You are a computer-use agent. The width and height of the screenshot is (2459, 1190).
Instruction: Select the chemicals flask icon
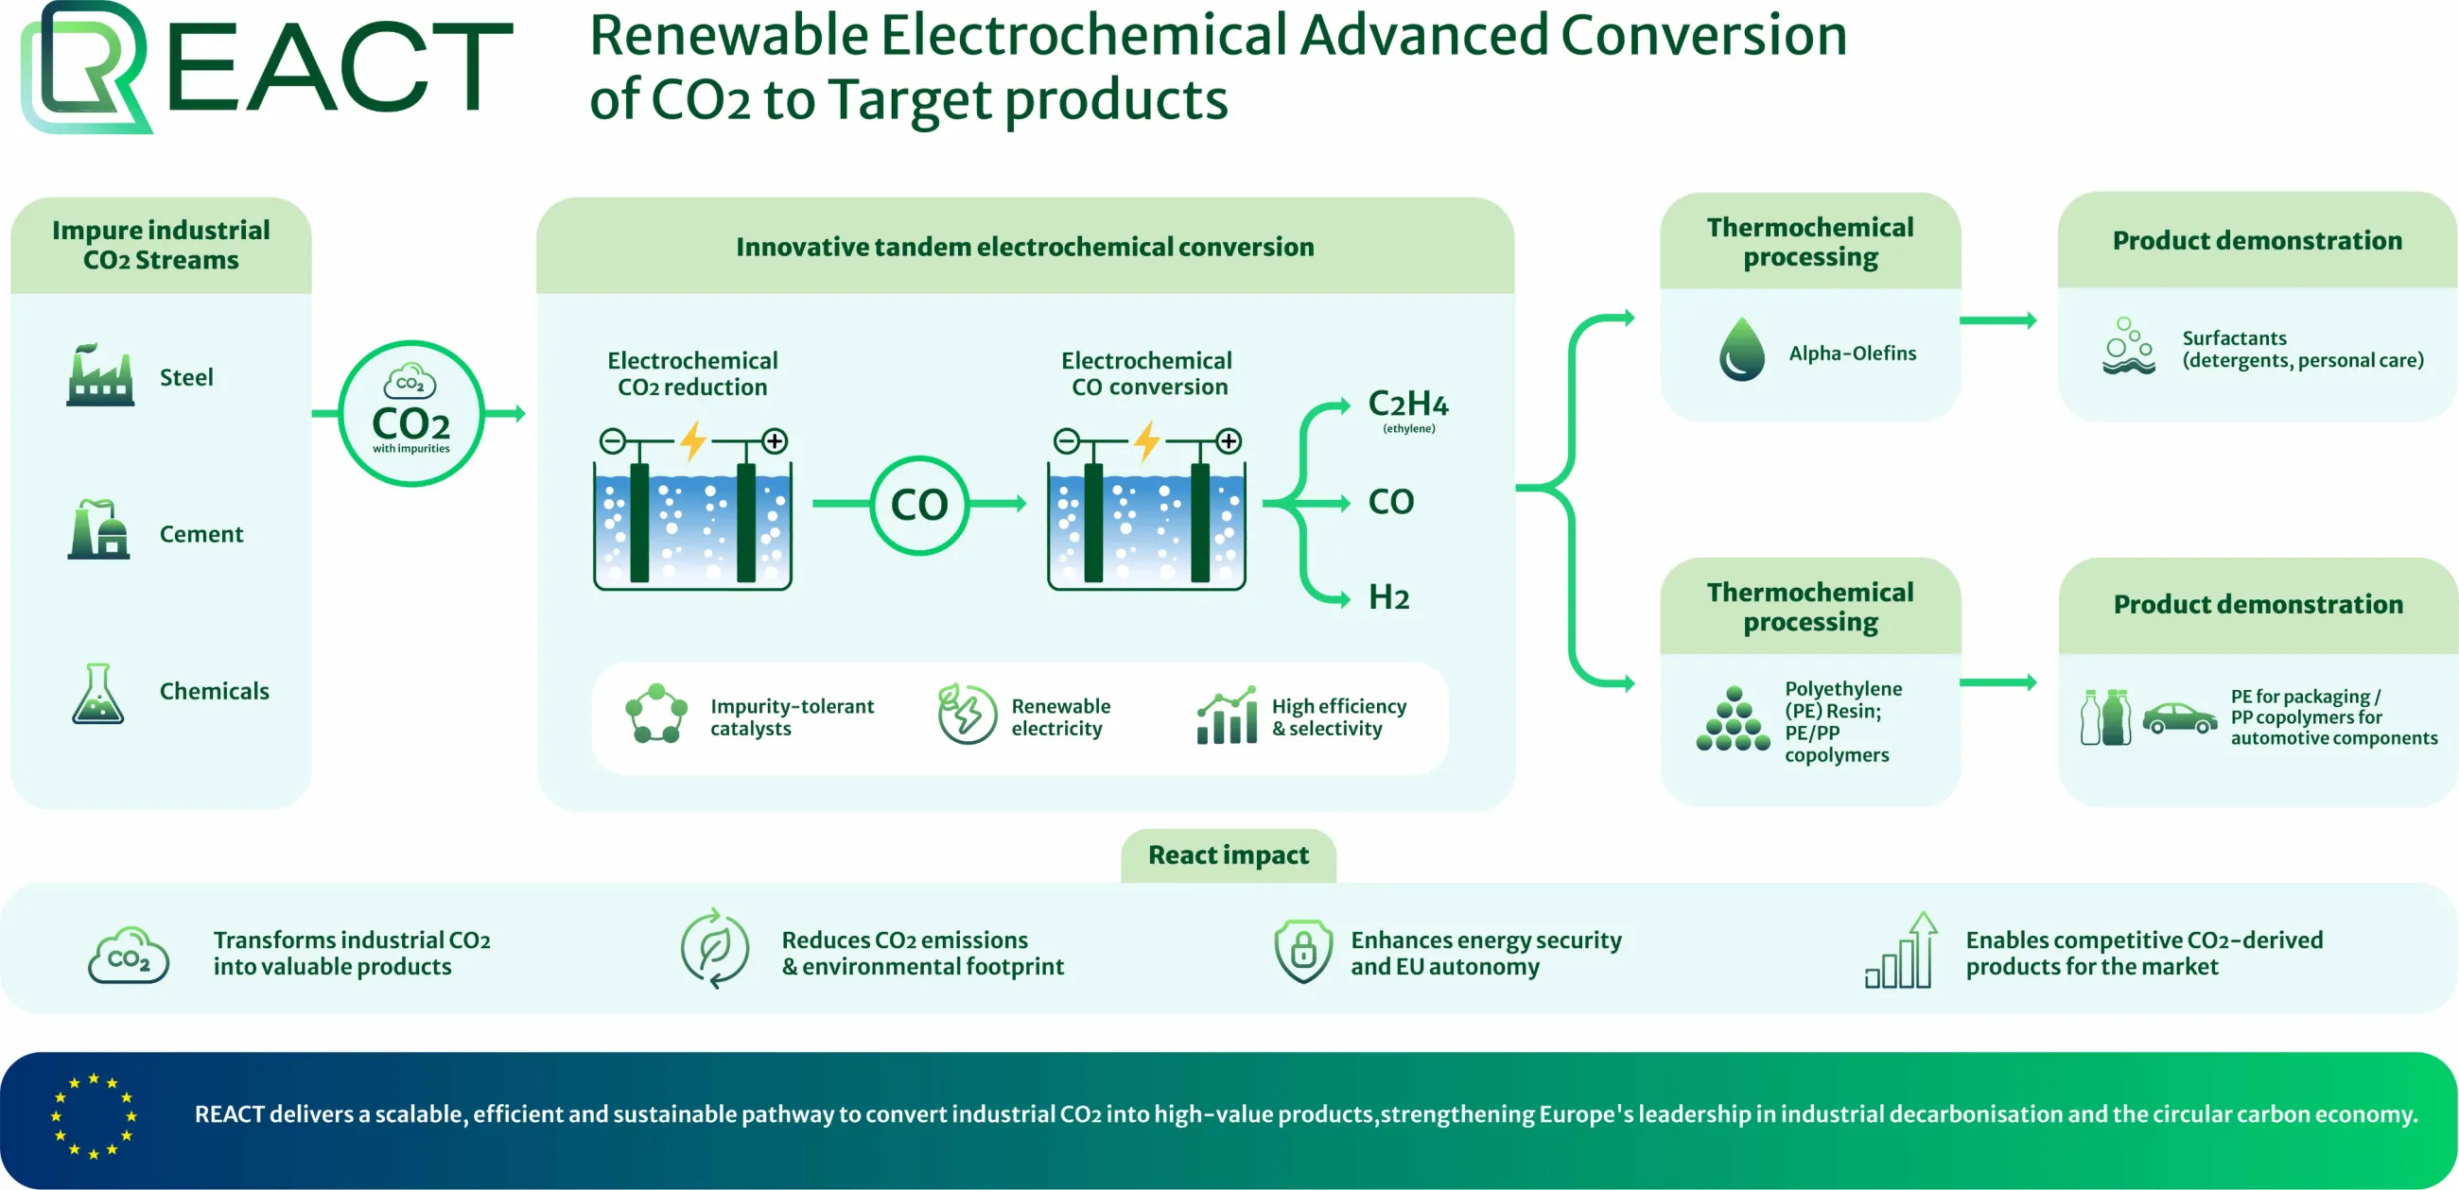coord(97,694)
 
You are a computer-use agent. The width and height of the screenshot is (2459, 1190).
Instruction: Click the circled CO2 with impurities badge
coord(410,413)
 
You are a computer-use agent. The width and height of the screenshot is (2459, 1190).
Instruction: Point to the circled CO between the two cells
coord(919,505)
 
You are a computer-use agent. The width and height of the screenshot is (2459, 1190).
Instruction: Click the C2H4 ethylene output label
coord(1408,409)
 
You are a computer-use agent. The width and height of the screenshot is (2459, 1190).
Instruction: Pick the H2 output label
coord(1389,597)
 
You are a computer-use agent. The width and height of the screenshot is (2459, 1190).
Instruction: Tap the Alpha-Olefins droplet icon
coord(1742,350)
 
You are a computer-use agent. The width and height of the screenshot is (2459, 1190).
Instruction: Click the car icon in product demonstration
coord(2179,717)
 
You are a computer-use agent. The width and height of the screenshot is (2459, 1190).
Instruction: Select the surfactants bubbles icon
coord(2129,345)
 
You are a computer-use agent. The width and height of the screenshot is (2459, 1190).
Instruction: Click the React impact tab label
coord(1229,855)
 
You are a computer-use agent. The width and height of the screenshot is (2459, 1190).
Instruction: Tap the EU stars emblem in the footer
coord(94,1115)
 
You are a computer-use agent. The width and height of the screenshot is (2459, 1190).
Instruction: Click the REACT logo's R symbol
coord(86,67)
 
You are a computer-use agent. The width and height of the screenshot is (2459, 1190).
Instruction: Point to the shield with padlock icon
coord(1303,951)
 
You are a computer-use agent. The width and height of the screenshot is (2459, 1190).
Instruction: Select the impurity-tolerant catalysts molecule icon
coord(655,713)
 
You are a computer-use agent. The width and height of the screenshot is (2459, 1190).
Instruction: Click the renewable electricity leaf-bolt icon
coord(966,713)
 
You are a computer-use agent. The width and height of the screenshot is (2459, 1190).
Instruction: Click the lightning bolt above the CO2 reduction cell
coord(693,441)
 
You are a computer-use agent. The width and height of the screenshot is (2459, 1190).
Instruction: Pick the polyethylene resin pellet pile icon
coord(1734,718)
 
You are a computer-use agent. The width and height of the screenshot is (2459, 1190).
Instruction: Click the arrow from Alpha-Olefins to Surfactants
coord(1997,320)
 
